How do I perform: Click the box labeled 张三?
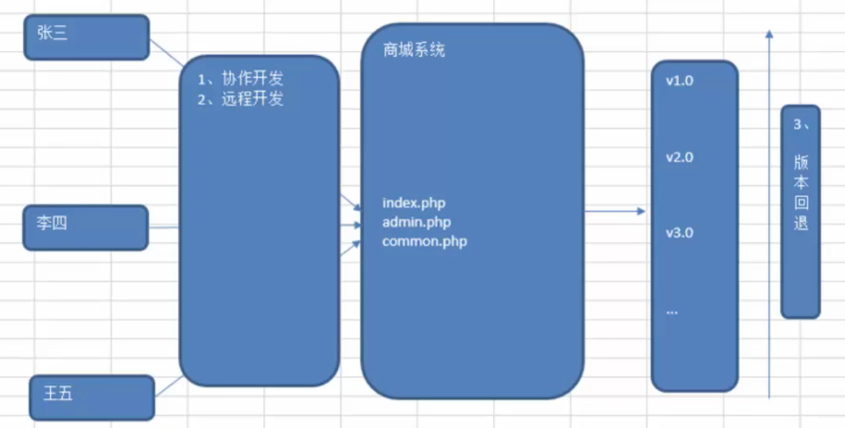pyautogui.click(x=86, y=37)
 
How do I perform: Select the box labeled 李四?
pyautogui.click(x=86, y=227)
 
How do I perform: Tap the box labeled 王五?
pyautogui.click(x=92, y=397)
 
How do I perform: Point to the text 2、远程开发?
pyautogui.click(x=241, y=100)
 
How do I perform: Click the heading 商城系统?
pyautogui.click(x=414, y=51)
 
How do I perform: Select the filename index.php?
pyautogui.click(x=414, y=202)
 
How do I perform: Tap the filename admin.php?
pyautogui.click(x=417, y=221)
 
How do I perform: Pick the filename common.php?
pyautogui.click(x=424, y=241)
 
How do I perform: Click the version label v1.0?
pyautogui.click(x=679, y=80)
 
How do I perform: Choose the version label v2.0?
pyautogui.click(x=679, y=157)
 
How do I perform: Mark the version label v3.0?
pyautogui.click(x=679, y=233)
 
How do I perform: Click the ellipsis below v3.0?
pyautogui.click(x=672, y=311)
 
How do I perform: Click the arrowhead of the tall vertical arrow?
pyautogui.click(x=769, y=34)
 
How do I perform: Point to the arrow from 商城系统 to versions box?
pyautogui.click(x=614, y=212)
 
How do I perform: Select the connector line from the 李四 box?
pyautogui.click(x=164, y=227)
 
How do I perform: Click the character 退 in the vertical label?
pyautogui.click(x=801, y=223)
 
